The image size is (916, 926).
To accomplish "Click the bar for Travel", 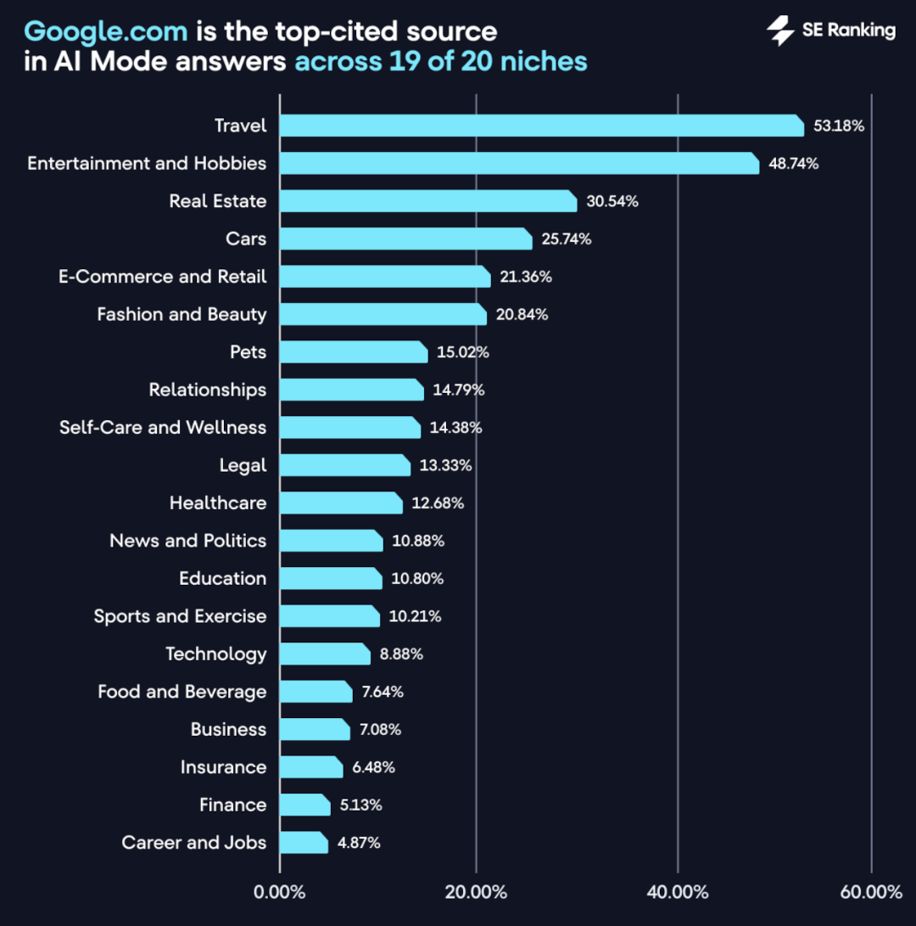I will (541, 126).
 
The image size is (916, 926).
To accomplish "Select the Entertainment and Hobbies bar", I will (519, 163).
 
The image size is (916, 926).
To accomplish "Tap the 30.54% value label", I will (612, 202).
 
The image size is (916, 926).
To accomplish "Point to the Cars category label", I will (246, 239).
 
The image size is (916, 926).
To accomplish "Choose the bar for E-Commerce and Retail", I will (385, 277).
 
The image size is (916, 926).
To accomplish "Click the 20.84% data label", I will (522, 315).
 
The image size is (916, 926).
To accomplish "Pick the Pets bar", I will (354, 351).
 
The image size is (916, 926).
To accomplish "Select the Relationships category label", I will (208, 390).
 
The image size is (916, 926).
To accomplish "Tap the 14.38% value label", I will (456, 428).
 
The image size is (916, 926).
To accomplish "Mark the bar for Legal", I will (345, 465).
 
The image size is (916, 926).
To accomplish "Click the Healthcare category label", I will (218, 502).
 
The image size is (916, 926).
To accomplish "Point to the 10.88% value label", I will (418, 541).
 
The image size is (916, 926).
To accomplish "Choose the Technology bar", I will (325, 654).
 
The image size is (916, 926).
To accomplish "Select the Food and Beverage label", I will (182, 692).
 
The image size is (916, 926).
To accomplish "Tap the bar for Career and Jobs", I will (304, 843).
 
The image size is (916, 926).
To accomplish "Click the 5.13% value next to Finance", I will (361, 805).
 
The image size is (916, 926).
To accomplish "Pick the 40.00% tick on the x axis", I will (678, 892).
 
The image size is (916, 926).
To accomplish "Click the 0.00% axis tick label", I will (280, 892).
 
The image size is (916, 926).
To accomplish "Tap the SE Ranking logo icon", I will (780, 31).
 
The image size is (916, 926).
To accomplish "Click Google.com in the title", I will (106, 32).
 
